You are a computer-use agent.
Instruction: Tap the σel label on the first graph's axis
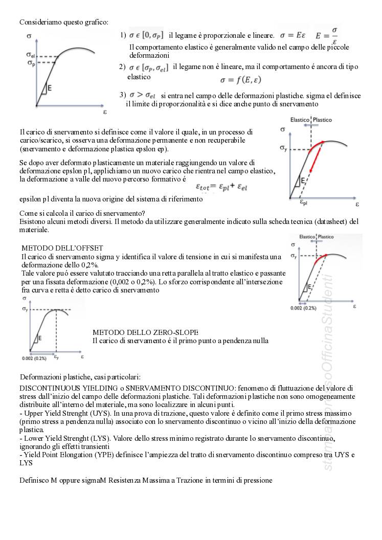[x=30, y=55]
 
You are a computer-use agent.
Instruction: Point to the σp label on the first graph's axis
[x=30, y=62]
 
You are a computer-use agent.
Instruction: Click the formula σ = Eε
[x=292, y=35]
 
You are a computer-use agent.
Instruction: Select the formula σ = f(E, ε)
[x=241, y=80]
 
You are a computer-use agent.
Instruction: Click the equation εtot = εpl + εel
[x=222, y=187]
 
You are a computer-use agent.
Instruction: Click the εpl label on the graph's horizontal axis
[x=304, y=203]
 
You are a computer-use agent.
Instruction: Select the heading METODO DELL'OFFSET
[x=62, y=248]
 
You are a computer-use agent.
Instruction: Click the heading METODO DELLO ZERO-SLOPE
[x=145, y=332]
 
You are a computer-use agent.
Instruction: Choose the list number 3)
[x=123, y=95]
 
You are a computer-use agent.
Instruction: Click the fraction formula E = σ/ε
[x=327, y=35]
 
